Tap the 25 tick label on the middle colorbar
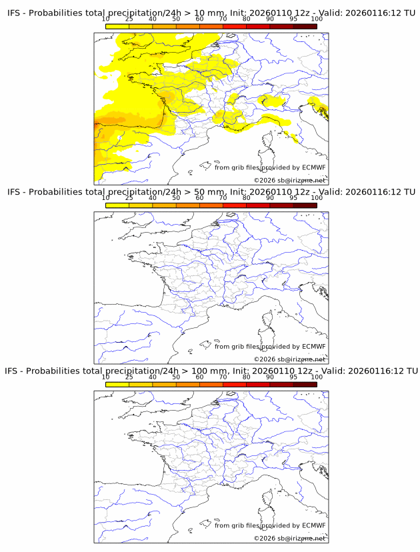tap(129, 197)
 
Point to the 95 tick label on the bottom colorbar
tap(293, 377)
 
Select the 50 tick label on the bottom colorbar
tap(176, 377)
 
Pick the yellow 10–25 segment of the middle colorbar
tap(117, 205)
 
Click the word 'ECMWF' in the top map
tap(314, 167)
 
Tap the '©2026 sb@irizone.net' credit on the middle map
tap(289, 359)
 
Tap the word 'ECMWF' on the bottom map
tap(314, 525)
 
